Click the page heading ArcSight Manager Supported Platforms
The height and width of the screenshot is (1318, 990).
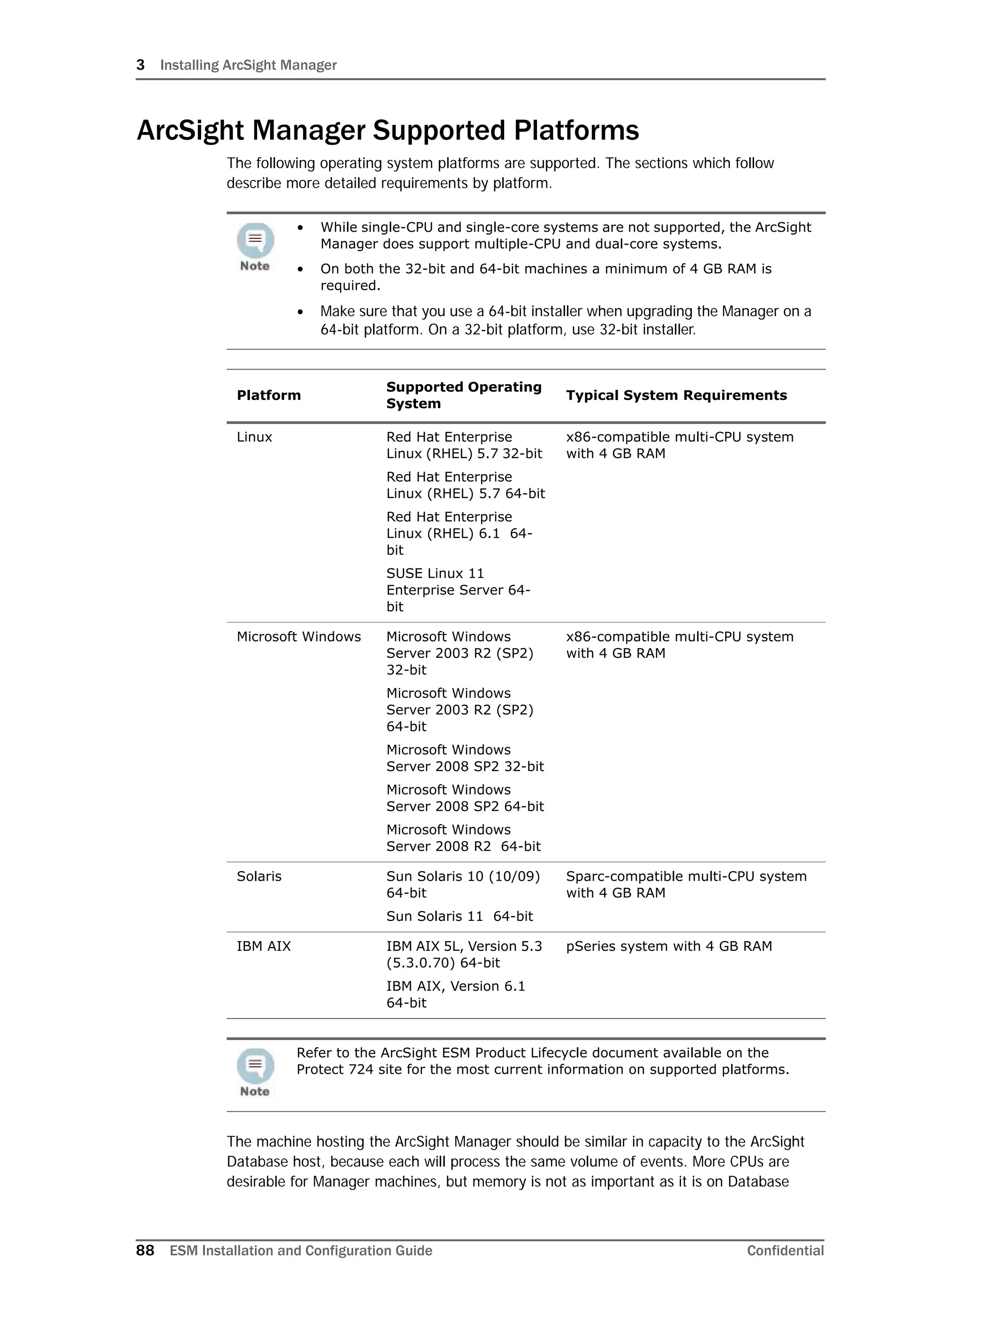[x=388, y=131]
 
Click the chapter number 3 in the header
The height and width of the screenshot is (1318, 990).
[x=141, y=65]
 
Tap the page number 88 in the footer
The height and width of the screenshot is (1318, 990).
[x=145, y=1250]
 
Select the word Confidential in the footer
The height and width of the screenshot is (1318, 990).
[x=785, y=1250]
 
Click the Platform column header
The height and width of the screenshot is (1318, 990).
[x=269, y=395]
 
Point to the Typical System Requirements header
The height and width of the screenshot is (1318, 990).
[x=676, y=395]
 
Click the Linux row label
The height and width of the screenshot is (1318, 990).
[x=254, y=437]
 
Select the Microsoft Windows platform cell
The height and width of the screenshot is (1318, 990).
[x=298, y=637]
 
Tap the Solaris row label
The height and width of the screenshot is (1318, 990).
[x=259, y=876]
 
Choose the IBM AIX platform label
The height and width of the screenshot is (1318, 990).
[x=264, y=946]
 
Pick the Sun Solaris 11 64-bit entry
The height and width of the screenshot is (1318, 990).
[x=459, y=916]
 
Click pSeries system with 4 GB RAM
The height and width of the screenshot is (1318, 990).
[x=669, y=946]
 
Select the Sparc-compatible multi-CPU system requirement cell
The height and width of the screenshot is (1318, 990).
[x=685, y=884]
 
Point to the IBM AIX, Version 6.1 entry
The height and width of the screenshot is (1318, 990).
[x=455, y=994]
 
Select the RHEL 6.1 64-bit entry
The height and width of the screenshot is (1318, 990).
[x=459, y=533]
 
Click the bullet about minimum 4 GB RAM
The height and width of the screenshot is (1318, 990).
[x=545, y=277]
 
